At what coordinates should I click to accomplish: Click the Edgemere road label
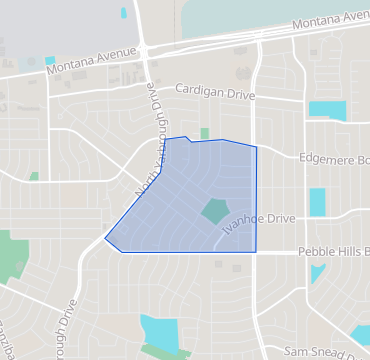(334, 158)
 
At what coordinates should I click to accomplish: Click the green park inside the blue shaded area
(214, 212)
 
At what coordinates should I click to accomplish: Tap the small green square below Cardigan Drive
(204, 133)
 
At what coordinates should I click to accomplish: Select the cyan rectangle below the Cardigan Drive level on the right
(326, 111)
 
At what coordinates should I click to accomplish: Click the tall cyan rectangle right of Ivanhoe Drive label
(317, 203)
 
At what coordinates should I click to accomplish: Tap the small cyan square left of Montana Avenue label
(50, 61)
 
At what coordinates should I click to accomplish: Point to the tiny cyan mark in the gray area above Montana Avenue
(124, 13)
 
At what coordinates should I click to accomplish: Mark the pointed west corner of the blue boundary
(105, 240)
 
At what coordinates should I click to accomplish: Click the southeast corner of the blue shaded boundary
(257, 252)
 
